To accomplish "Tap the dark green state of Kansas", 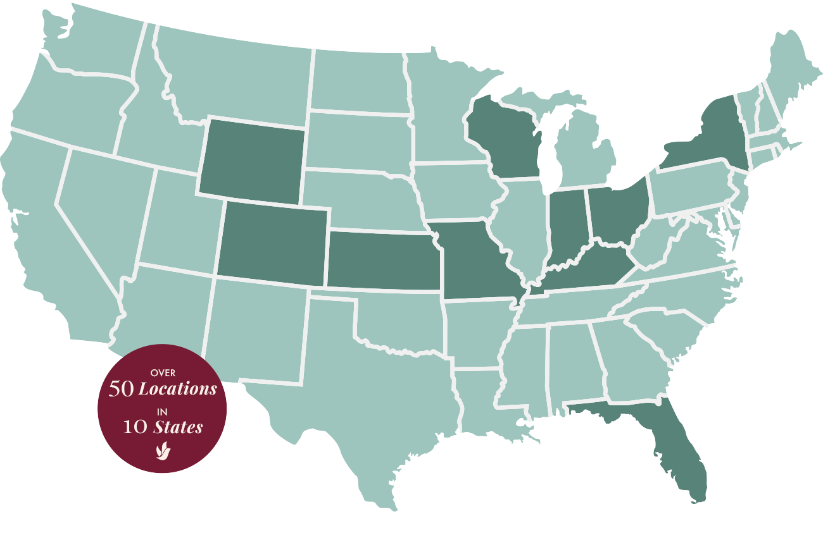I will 382,261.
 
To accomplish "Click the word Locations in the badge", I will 177,388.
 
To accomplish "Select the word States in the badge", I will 178,427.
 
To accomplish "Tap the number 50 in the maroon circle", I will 122,389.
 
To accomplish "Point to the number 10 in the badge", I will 136,427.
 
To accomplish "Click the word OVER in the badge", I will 163,373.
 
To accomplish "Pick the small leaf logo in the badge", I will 162,450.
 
